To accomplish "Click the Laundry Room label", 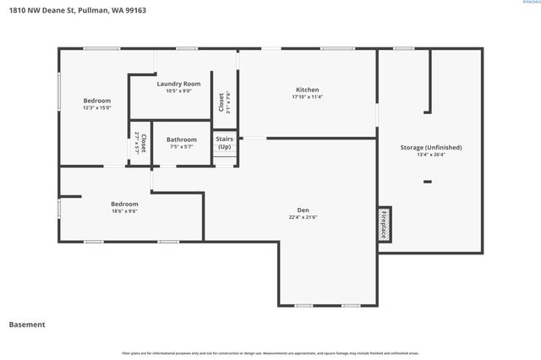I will (178, 84).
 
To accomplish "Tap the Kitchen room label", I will (307, 90).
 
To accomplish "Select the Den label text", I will (303, 210).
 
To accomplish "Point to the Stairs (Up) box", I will (224, 143).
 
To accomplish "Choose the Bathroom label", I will (182, 139).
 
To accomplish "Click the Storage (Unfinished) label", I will (431, 147).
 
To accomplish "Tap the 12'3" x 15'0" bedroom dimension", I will (96, 108).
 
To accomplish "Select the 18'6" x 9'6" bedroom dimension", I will (124, 211).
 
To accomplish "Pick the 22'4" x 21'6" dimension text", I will (303, 217).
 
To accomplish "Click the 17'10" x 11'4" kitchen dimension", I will (307, 97).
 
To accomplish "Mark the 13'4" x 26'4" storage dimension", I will (431, 155).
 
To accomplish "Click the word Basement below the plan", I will (27, 325).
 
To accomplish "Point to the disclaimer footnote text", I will (270, 353).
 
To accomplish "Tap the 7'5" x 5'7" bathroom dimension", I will (182, 147).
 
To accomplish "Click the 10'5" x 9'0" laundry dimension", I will (178, 91).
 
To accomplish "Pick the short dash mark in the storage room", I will (428, 181).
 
